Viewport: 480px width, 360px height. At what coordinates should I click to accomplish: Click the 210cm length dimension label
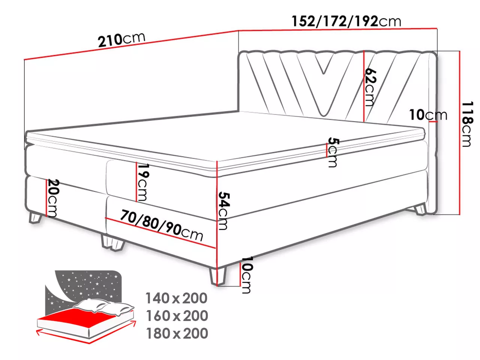click(x=121, y=40)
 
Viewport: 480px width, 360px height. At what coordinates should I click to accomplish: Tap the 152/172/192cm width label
click(x=346, y=21)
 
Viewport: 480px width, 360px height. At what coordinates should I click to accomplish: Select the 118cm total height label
click(x=468, y=124)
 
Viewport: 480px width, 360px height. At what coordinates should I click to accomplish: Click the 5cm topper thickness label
click(x=333, y=152)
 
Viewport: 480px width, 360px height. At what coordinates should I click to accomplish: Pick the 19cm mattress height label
click(x=143, y=182)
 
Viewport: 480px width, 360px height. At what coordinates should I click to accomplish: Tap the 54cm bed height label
click(x=224, y=211)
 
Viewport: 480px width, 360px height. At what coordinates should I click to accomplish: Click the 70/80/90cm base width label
click(x=162, y=225)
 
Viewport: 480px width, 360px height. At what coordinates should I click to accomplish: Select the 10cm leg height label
click(x=247, y=275)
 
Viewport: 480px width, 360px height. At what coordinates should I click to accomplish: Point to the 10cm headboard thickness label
click(x=428, y=115)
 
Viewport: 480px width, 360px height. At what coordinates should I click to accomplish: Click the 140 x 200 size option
click(x=176, y=298)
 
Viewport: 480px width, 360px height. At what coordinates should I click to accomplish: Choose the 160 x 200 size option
click(x=177, y=316)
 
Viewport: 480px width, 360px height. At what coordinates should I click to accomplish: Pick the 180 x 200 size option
click(x=177, y=333)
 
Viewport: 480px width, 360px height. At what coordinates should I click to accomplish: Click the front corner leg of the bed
click(x=217, y=276)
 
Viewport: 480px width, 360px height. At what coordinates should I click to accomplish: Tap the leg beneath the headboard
click(x=420, y=209)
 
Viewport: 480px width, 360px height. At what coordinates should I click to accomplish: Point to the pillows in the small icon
click(x=103, y=306)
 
